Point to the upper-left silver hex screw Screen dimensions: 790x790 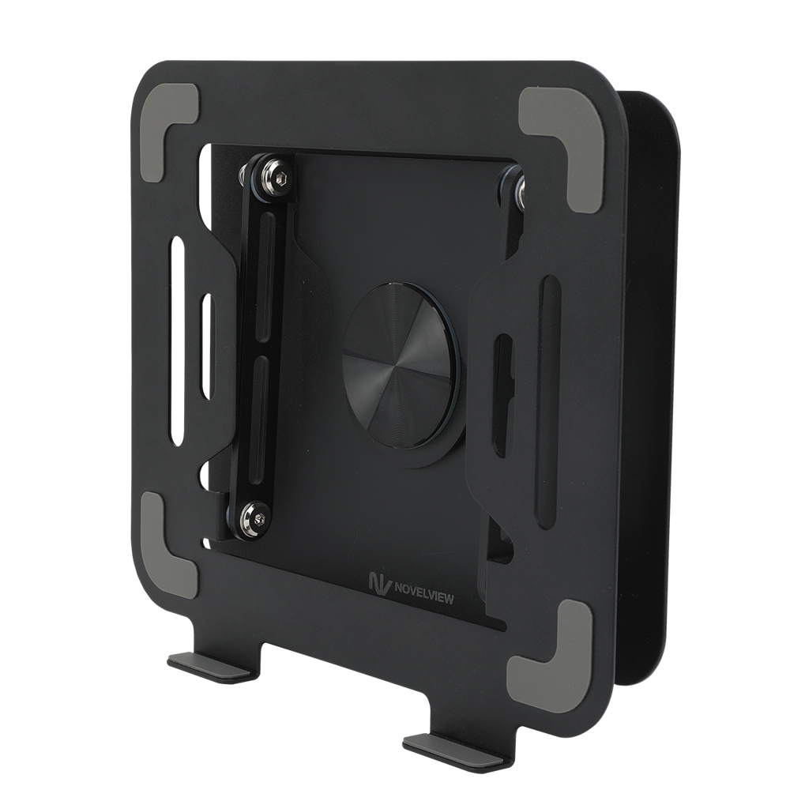click(276, 179)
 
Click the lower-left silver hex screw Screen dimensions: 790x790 click(254, 518)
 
